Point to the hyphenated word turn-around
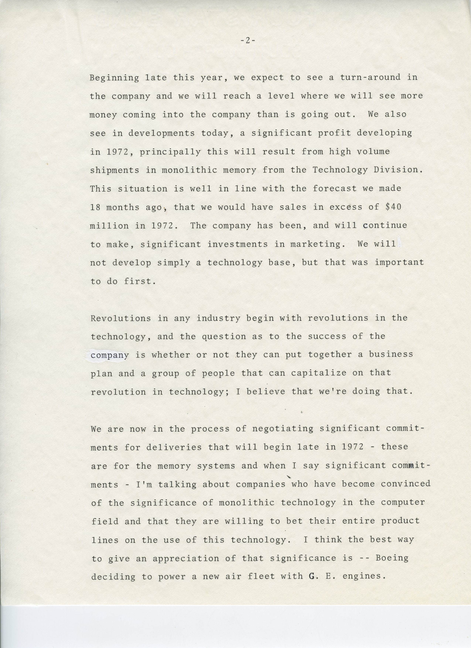[x=370, y=77]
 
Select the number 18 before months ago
[x=95, y=207]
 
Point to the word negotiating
[x=283, y=429]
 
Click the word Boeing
[x=392, y=558]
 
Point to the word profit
[x=295, y=133]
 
